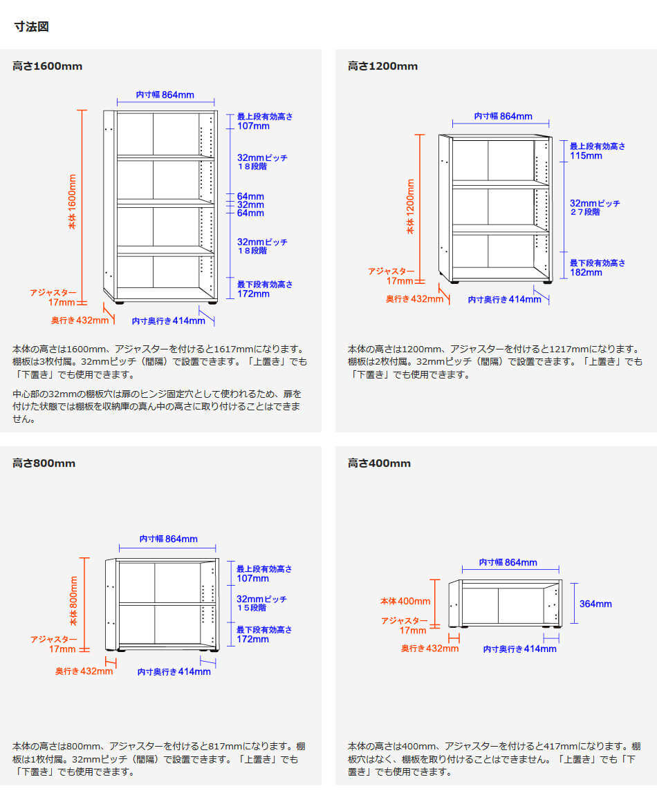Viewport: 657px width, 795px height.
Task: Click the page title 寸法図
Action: [x=32, y=26]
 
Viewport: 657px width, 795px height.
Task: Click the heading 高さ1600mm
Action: [x=47, y=66]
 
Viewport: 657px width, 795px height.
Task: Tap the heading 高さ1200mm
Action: [x=383, y=66]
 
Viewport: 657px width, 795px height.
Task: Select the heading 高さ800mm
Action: [x=44, y=463]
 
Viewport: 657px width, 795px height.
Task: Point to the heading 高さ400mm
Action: [x=379, y=463]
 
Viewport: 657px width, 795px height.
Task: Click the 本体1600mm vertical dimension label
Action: [x=72, y=202]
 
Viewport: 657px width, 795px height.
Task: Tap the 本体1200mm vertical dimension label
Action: [x=410, y=207]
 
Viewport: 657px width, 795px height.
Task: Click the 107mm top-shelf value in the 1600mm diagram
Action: [x=253, y=126]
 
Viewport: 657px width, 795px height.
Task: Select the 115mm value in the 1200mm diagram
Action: [x=586, y=155]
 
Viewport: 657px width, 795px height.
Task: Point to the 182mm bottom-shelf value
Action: [x=586, y=272]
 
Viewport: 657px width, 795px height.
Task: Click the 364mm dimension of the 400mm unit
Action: [x=595, y=604]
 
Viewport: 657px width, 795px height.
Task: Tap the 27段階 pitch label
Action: [x=585, y=212]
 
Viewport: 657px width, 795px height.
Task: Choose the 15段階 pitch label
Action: [x=252, y=607]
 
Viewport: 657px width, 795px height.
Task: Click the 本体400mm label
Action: [x=406, y=602]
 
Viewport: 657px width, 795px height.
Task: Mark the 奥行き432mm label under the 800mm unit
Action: [x=84, y=671]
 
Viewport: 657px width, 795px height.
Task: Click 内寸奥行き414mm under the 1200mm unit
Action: [x=505, y=300]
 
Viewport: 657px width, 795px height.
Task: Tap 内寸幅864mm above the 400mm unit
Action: [x=508, y=562]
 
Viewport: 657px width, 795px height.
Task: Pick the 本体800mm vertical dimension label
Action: [x=73, y=601]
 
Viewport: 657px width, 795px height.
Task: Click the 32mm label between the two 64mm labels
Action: [x=251, y=205]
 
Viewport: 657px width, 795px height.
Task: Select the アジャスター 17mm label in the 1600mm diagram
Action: [x=53, y=298]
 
